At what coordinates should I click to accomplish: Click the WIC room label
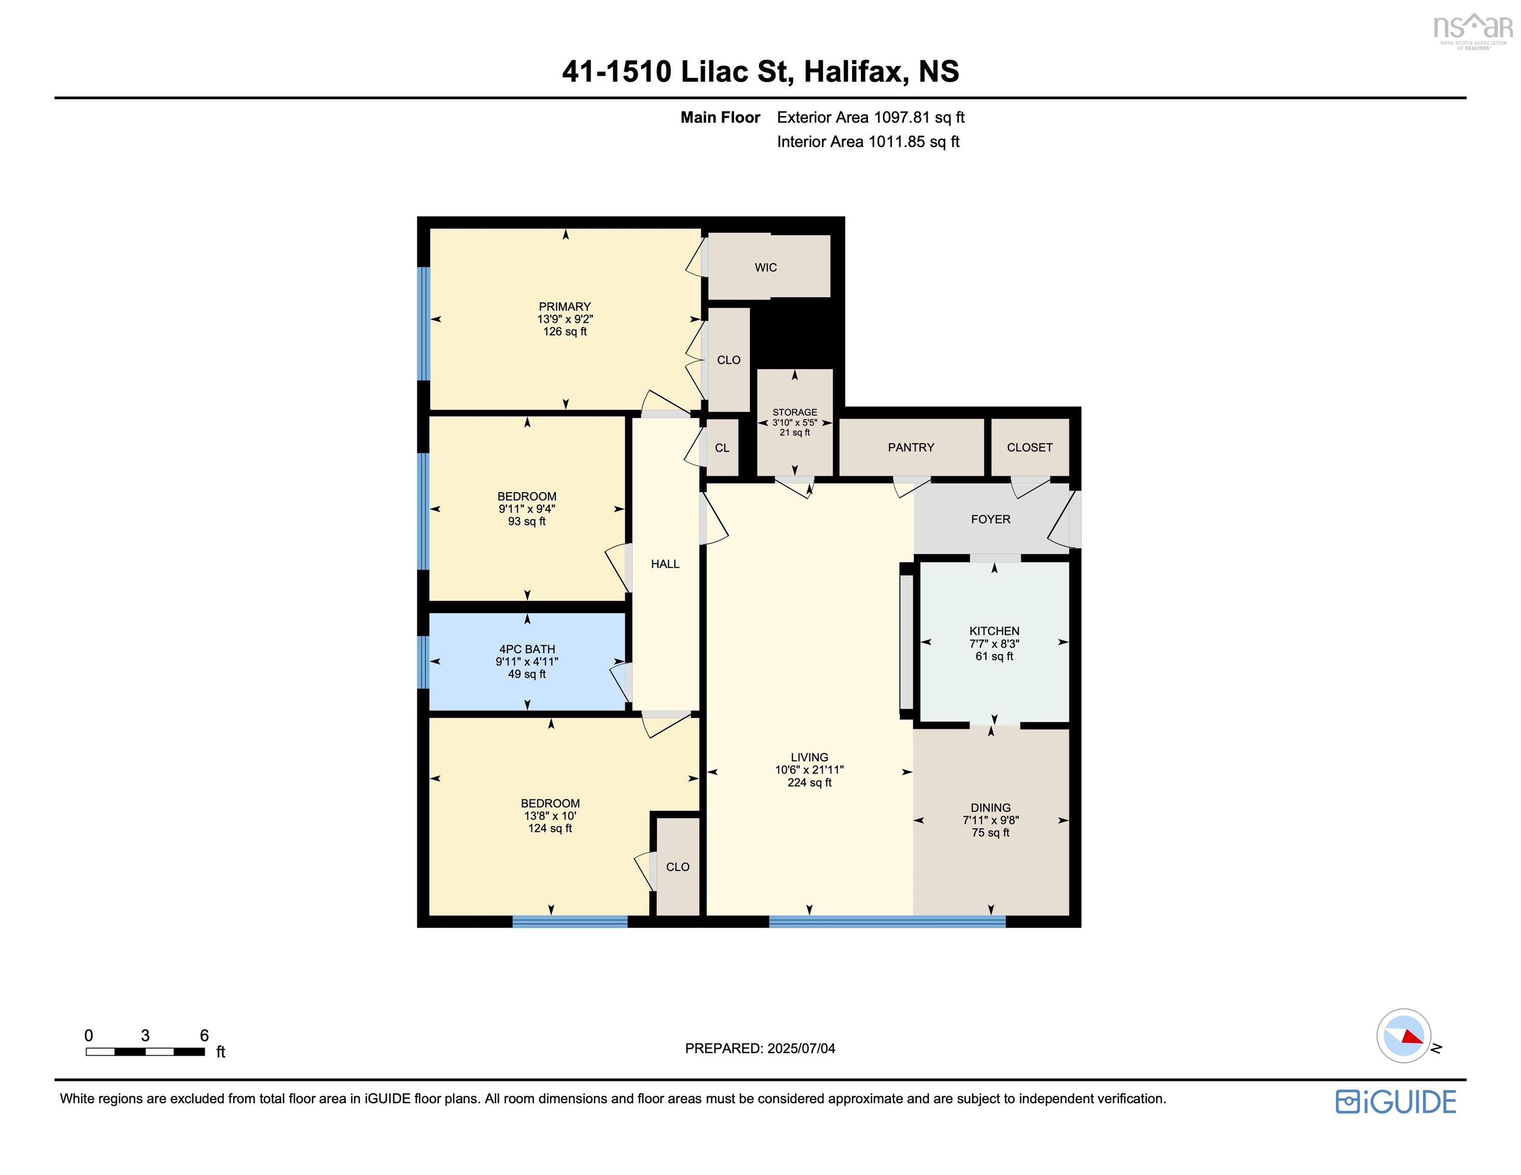pos(766,267)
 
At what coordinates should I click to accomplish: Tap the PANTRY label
pos(911,447)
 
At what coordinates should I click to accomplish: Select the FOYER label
pos(991,519)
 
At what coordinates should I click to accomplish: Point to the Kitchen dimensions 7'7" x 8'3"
pos(995,644)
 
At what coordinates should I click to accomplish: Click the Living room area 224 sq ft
pos(809,782)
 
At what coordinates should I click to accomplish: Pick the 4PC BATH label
pos(527,649)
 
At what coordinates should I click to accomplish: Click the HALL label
pos(665,564)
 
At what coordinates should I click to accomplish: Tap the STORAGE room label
pos(795,413)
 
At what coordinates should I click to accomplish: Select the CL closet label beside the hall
pos(722,448)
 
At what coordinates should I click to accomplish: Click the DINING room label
pos(991,808)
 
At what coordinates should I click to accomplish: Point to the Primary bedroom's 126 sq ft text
pos(565,331)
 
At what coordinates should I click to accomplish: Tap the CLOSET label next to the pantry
pos(1029,447)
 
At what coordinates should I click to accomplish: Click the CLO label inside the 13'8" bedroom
pos(678,867)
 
